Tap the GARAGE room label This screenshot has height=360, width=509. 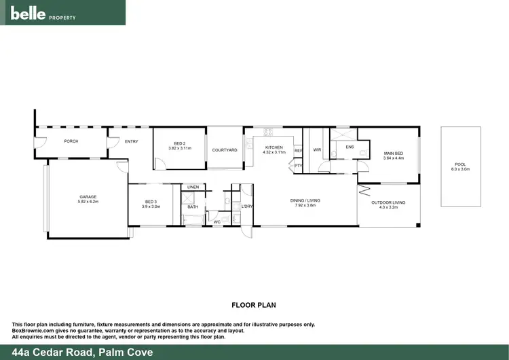point(88,197)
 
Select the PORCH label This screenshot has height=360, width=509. point(71,141)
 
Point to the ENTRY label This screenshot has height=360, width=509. point(132,141)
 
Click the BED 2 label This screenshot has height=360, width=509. point(179,143)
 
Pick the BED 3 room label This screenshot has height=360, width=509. point(151,202)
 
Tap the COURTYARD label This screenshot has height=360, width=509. point(225,149)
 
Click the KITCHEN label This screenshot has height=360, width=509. point(274,147)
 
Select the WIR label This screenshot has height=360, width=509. point(317,149)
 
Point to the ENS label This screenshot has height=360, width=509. point(350,147)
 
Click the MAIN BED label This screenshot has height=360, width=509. point(393,154)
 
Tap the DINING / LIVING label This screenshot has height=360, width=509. point(305,200)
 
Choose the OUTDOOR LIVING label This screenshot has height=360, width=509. point(388,202)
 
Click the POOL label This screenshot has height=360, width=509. point(461,164)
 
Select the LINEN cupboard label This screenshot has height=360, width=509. point(193,187)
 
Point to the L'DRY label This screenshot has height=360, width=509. point(247,206)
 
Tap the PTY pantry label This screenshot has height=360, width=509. point(297,165)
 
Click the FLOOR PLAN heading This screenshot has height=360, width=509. point(254,305)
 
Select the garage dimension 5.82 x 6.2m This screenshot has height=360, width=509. point(88,202)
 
